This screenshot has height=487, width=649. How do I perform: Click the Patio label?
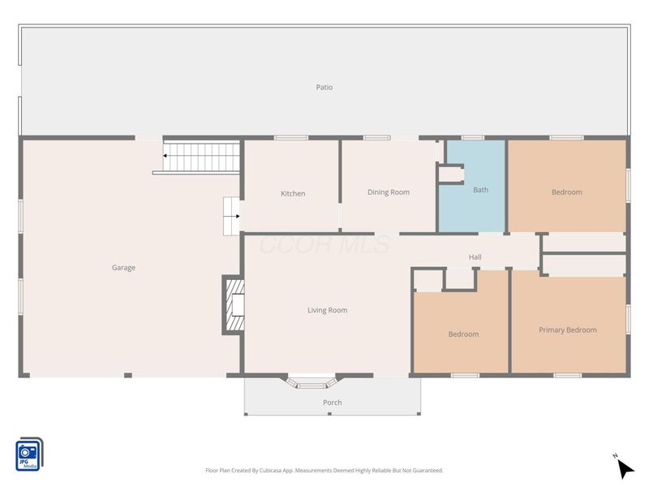pos(324,87)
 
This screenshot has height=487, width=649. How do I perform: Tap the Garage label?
pos(123,268)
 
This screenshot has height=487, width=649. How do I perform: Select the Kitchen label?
pos(293,193)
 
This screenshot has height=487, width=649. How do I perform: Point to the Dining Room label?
pos(389,192)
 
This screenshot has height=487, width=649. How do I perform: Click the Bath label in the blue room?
pos(480,190)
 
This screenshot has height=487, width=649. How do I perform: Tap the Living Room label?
pos(328,310)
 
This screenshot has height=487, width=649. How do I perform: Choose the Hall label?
pos(475,257)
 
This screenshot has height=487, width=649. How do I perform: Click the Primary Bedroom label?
pos(567,330)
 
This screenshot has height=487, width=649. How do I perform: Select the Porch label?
pos(333,403)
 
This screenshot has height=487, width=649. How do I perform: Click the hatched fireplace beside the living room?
pos(234,305)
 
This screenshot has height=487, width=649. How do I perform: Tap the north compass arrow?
pos(625,468)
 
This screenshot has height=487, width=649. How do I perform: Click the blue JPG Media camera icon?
pos(29,455)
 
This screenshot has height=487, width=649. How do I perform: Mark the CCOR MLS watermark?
pos(324,244)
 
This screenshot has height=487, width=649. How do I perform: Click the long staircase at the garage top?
pos(201,157)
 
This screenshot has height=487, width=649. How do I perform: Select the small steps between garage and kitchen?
pos(231,216)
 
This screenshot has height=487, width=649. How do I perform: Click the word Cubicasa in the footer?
pos(273,471)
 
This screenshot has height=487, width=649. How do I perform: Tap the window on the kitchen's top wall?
pos(291,137)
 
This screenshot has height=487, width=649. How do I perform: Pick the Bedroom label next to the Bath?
pos(566,192)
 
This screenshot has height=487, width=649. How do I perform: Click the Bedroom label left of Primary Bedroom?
pos(463,334)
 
